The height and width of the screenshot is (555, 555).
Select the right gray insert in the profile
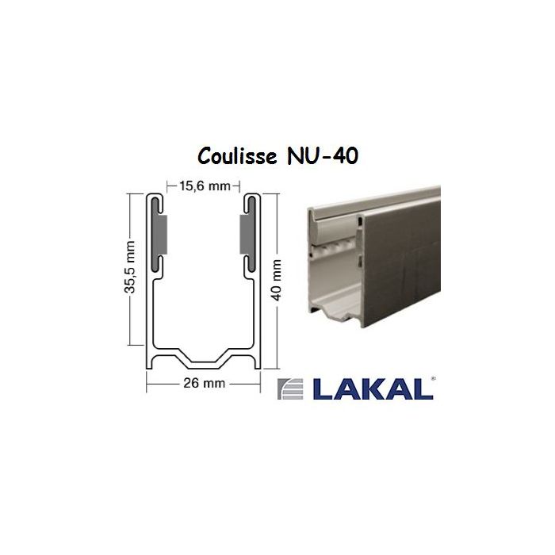tap(245, 236)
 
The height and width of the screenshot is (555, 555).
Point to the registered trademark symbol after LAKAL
tap(432, 381)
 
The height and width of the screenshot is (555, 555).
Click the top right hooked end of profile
tap(252, 198)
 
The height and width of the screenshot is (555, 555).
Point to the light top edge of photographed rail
tap(381, 202)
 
